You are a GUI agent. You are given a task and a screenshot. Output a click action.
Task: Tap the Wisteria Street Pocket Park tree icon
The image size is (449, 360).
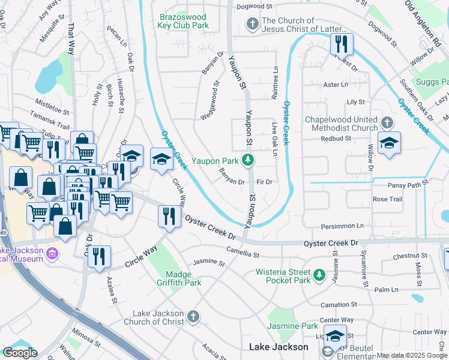pos(320,275)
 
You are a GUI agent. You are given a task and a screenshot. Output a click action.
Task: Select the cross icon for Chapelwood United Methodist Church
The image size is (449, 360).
pos(388,123)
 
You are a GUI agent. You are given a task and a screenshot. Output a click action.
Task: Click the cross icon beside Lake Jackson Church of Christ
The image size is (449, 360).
pos(193,316)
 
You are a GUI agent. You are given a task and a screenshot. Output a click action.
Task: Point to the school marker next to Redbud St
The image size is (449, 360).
pos(389,143)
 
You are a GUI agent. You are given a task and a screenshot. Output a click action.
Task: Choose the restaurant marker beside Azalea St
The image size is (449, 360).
pos(99,256)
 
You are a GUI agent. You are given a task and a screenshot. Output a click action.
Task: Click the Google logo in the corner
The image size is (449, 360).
pos(20,352)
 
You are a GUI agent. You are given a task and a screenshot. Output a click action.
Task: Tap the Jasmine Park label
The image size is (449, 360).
pos(301,326)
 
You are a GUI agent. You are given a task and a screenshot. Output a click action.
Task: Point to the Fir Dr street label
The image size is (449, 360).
pos(265,181)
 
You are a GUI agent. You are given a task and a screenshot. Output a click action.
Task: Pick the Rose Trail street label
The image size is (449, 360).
pos(387,199)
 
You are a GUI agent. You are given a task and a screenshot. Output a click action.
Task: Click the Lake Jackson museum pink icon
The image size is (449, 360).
pos(52,254)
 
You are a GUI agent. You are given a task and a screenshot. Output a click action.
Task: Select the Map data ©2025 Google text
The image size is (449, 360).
pos(412,355)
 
